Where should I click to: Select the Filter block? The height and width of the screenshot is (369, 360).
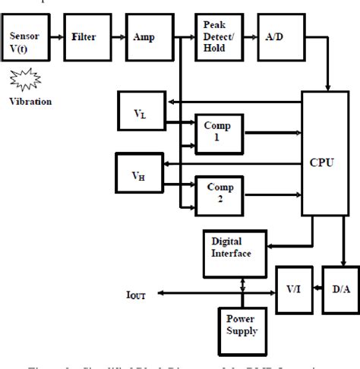tap(84, 36)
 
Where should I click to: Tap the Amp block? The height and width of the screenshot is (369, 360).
tap(144, 36)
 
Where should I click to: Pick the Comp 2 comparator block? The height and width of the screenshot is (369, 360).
tap(217, 194)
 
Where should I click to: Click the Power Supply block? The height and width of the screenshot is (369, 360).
tap(240, 325)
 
